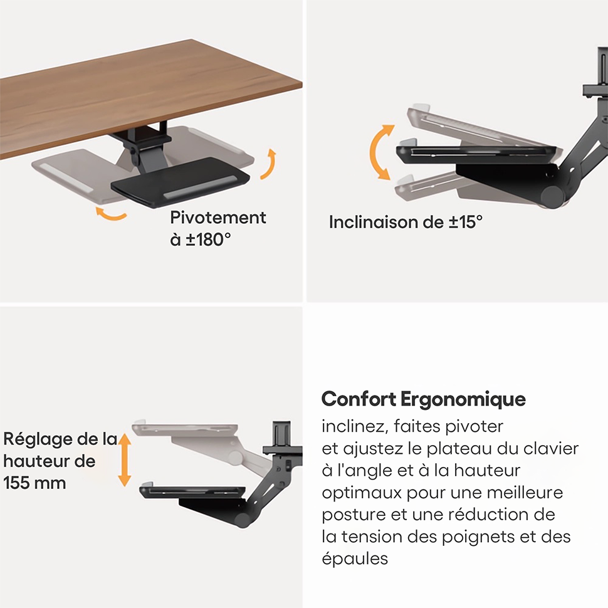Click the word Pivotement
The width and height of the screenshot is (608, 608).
point(218,218)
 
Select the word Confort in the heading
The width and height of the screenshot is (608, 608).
point(359,399)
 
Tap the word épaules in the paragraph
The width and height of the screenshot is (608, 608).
point(355,558)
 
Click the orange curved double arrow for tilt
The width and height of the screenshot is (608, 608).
point(381,153)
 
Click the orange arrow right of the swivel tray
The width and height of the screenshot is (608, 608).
point(268,164)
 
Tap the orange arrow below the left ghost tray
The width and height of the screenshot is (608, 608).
point(111,214)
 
